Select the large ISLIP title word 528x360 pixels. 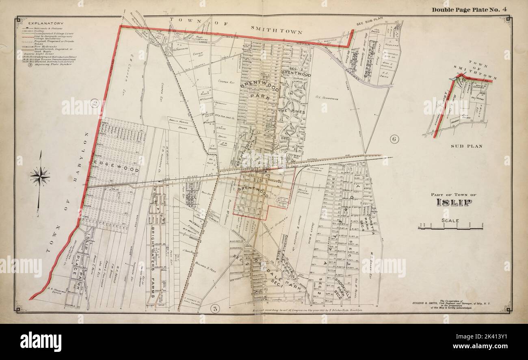[454, 202]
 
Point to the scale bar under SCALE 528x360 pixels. [450, 228]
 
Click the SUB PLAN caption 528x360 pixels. [467, 146]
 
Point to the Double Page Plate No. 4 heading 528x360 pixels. [466, 10]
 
